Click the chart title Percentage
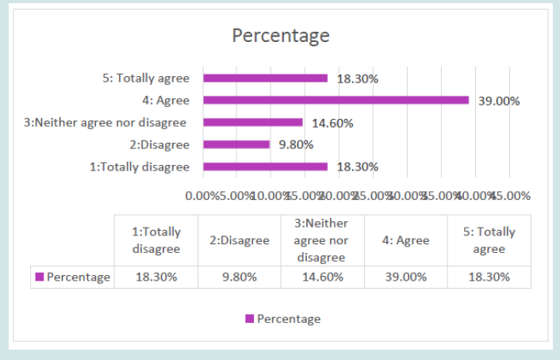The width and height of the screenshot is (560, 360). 280,36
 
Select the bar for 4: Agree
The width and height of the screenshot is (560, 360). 336,100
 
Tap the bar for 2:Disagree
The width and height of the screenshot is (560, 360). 236,144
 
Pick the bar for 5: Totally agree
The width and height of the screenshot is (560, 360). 265,78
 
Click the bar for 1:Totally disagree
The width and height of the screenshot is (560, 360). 265,167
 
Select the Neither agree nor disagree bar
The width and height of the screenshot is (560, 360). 253,122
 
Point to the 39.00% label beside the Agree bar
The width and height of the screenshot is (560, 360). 498,101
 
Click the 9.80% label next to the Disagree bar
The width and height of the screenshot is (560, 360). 296,144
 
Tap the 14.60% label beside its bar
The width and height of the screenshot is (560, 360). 332,123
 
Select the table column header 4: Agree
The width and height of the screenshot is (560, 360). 405,240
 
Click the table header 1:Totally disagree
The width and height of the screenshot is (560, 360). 156,240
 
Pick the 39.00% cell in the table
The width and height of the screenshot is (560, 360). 405,277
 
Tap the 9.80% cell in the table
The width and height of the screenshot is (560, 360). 239,277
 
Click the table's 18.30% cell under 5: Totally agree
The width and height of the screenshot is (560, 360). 489,277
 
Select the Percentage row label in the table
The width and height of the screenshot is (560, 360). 73,277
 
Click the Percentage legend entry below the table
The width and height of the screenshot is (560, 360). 283,319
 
